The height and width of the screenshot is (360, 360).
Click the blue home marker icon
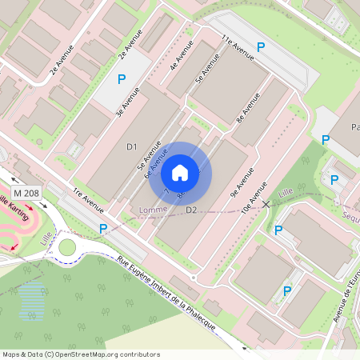[x=180, y=172]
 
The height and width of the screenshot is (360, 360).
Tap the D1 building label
[x=133, y=146]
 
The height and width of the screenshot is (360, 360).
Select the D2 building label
[x=191, y=210]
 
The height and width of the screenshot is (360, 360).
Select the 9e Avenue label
[x=243, y=182]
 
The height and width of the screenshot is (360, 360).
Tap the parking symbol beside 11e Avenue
[x=261, y=48]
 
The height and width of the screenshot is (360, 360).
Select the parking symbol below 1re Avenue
[x=103, y=230]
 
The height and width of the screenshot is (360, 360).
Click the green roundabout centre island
[x=67, y=247]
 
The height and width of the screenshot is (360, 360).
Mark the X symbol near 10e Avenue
[x=266, y=205]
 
